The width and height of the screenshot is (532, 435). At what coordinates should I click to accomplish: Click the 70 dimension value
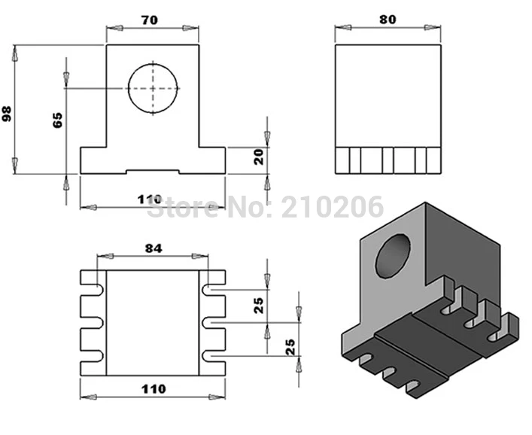(x=150, y=20)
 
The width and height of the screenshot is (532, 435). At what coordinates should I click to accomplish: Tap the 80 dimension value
(x=388, y=20)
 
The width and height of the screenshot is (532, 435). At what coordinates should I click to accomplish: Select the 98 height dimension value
(x=7, y=114)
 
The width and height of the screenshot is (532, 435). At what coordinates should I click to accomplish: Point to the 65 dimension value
(x=57, y=120)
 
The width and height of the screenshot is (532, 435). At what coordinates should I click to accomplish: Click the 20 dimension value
(x=259, y=157)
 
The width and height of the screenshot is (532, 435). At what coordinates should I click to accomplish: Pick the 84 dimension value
(x=154, y=248)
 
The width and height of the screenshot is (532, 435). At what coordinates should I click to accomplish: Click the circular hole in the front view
(x=153, y=89)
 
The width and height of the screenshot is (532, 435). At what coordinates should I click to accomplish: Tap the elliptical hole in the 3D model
(x=393, y=256)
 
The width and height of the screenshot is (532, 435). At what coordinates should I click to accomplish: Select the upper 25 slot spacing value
(x=259, y=306)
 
